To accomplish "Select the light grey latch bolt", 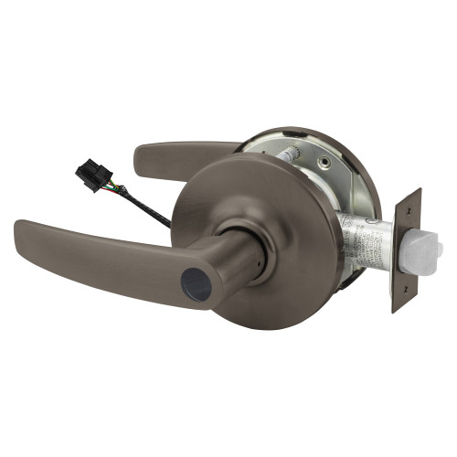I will tap(428, 247).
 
